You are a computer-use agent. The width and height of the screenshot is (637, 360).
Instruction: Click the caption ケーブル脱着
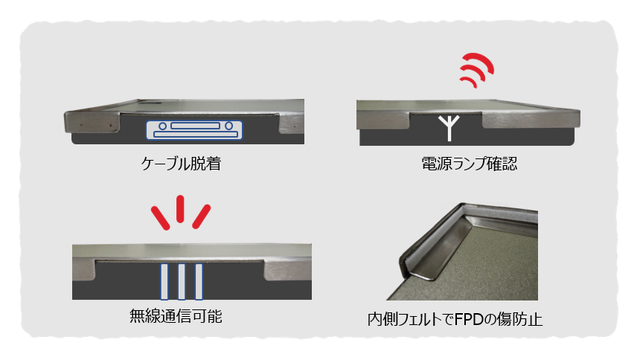pos(181,164)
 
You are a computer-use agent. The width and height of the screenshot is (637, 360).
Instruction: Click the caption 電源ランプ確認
pos(470,164)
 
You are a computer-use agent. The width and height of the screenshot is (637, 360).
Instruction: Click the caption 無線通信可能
pos(176,316)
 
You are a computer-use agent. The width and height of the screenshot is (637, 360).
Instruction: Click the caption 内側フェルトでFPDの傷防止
pos(455,319)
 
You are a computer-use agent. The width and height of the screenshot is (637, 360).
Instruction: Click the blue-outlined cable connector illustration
pos(194,130)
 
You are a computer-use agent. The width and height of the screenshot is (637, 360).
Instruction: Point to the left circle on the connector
pos(162,126)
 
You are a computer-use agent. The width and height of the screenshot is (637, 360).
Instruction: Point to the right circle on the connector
pos(229,126)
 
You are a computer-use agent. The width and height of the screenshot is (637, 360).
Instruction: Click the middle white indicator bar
pos(182,282)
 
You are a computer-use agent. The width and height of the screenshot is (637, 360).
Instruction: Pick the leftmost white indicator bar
pos(164,282)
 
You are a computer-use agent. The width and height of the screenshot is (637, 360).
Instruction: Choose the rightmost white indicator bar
pos(199,282)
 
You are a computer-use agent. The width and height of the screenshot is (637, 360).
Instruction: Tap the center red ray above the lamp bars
pos(180,208)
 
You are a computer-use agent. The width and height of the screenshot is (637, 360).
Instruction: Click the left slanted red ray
pos(161,218)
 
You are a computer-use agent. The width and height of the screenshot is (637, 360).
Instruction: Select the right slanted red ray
pos(202,216)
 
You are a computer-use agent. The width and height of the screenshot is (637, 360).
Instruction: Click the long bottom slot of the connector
pos(195,135)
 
